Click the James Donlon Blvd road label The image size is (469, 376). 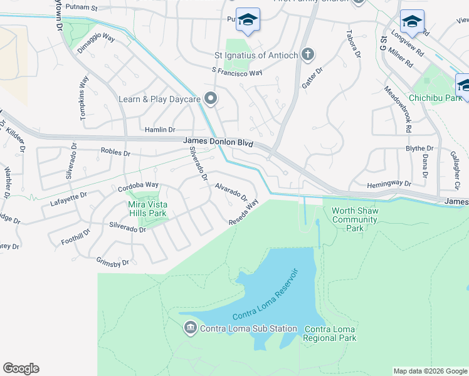click(218, 143)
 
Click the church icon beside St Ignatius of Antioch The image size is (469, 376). click(307, 55)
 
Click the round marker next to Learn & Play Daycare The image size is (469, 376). click(211, 98)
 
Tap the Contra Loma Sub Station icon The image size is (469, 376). click(190, 327)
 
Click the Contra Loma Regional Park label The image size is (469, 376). click(330, 333)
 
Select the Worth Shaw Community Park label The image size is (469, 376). click(355, 219)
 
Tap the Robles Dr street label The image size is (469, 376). click(115, 152)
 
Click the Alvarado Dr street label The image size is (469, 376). click(231, 192)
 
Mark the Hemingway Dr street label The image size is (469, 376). click(389, 184)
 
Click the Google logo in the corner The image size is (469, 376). click(21, 368)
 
